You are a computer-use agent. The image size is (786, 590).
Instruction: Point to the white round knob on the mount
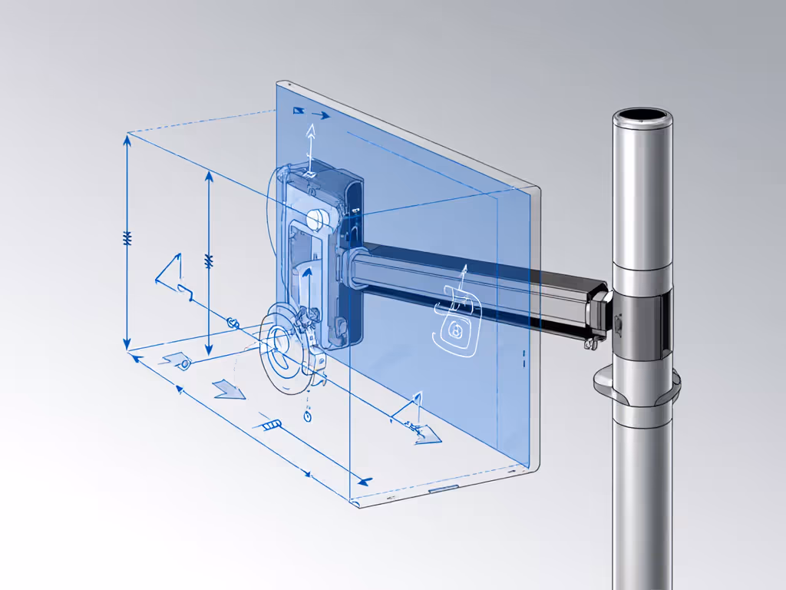point(315,220)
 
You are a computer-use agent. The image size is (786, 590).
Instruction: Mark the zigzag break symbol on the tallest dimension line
point(127,239)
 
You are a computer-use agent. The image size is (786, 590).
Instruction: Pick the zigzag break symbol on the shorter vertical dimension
point(208,261)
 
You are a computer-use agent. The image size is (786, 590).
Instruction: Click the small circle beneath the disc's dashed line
point(308,416)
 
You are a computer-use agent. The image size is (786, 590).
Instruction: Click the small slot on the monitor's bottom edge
point(443,488)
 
